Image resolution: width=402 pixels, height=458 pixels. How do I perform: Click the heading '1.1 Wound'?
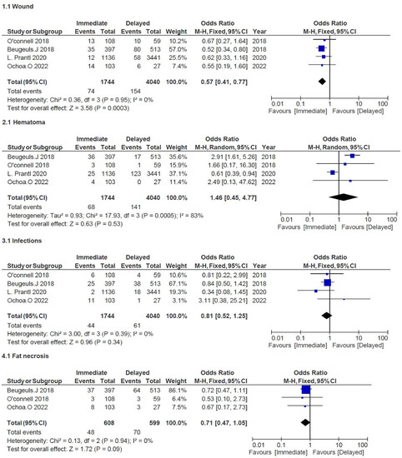pos(19,6)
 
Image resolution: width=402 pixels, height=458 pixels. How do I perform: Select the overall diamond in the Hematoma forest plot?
pos(338,197)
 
